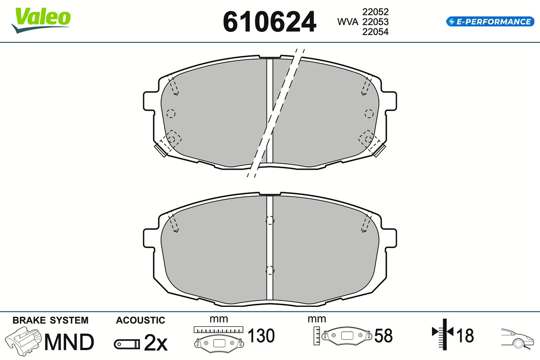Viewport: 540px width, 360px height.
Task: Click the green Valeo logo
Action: click(41, 20)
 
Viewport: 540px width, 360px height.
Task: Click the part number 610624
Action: click(269, 22)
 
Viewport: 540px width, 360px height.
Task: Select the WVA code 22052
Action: click(375, 12)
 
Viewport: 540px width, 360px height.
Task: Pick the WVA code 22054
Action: click(375, 32)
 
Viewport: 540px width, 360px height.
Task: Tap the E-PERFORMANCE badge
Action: click(490, 22)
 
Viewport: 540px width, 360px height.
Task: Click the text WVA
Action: click(347, 22)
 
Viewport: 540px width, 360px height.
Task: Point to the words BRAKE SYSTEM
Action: click(50, 320)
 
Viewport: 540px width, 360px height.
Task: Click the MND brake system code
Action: click(69, 342)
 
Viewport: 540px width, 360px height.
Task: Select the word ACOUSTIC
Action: click(140, 320)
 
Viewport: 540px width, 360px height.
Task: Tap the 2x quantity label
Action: click(156, 342)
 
